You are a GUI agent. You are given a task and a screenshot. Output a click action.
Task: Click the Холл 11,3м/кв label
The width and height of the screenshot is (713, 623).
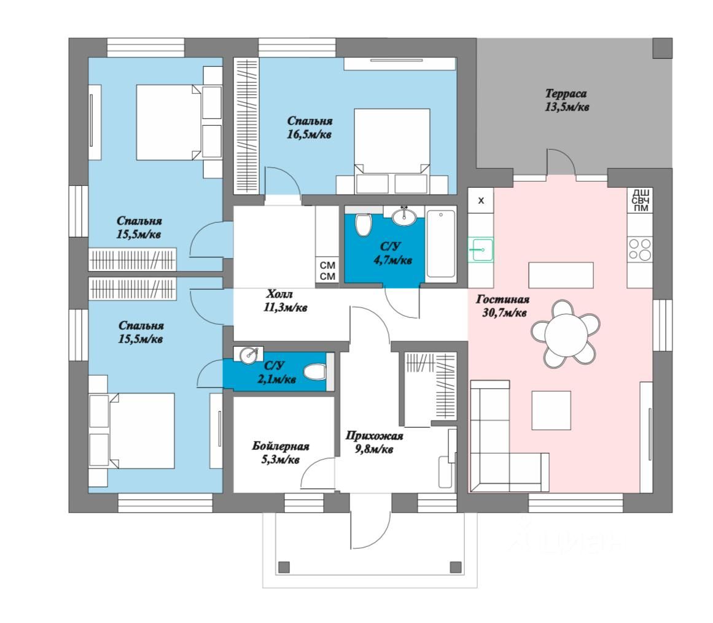coord(284,301)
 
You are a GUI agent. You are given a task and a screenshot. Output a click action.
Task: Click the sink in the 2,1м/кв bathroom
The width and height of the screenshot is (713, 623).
coord(249,354)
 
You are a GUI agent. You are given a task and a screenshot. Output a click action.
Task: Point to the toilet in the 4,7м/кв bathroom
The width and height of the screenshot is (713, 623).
coord(364,225)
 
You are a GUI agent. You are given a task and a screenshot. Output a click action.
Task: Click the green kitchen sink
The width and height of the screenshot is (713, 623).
coord(481,250)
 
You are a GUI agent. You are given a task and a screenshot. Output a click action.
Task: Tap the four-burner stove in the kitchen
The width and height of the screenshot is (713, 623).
coord(639,250)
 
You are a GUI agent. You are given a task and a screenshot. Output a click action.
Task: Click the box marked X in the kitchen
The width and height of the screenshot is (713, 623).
coord(481,200)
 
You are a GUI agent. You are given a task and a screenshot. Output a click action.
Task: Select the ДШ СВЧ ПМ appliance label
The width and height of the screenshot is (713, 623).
coord(641,200)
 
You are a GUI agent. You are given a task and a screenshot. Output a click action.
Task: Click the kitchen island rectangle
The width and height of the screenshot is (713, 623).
coord(561,275)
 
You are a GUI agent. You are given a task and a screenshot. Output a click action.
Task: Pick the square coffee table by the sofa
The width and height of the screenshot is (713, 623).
coord(551,410)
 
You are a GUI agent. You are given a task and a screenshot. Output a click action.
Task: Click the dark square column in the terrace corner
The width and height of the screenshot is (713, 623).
coord(662,47)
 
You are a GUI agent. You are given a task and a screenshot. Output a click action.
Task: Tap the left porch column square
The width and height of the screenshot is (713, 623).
coord(284,567)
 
